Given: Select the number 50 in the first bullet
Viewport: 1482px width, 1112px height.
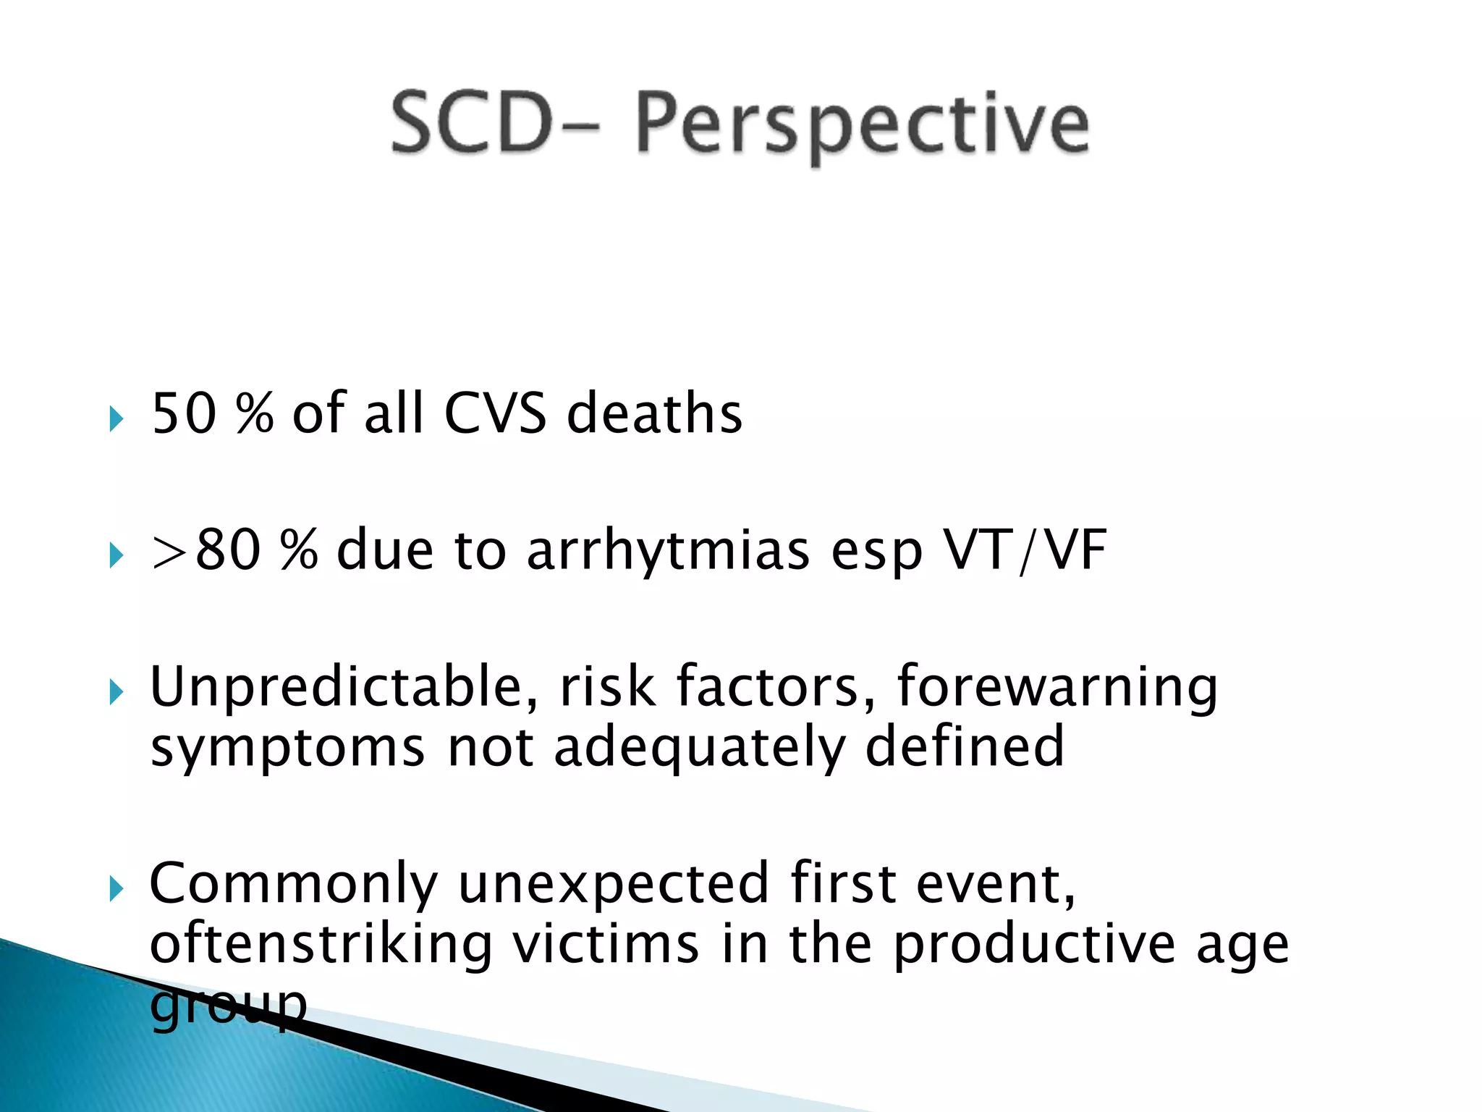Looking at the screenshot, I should pos(184,413).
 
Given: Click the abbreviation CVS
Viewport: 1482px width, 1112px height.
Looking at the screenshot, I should pos(495,413).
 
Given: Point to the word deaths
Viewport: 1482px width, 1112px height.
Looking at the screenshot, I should pos(654,413).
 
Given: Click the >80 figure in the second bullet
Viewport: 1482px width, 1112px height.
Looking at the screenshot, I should pos(206,550).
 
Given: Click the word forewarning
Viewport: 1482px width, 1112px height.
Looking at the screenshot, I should pos(1057,686).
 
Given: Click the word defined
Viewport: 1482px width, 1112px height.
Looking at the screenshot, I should pos(965,747).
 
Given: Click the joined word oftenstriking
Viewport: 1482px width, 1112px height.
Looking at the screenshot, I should pos(321,944).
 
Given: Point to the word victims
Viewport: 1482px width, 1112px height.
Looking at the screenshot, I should pos(606,944).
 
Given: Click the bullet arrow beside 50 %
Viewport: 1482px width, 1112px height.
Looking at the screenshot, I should pos(116,418).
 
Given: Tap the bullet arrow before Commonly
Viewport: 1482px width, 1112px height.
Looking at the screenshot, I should pos(116,889).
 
